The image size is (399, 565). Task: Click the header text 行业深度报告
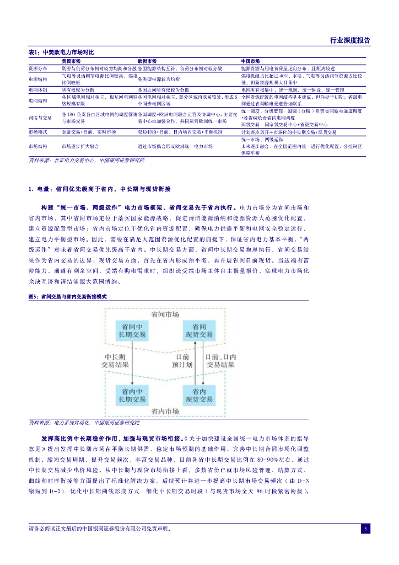coord(350,40)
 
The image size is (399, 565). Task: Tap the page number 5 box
coord(365,529)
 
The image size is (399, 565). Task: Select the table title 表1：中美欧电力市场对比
coord(61,52)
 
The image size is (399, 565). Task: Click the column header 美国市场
coord(71,61)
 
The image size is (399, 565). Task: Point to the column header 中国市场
coord(251,61)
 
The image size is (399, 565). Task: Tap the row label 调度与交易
coord(40,118)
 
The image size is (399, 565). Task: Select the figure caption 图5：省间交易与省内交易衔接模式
coord(67,296)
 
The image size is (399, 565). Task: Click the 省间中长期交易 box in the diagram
coord(132,331)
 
